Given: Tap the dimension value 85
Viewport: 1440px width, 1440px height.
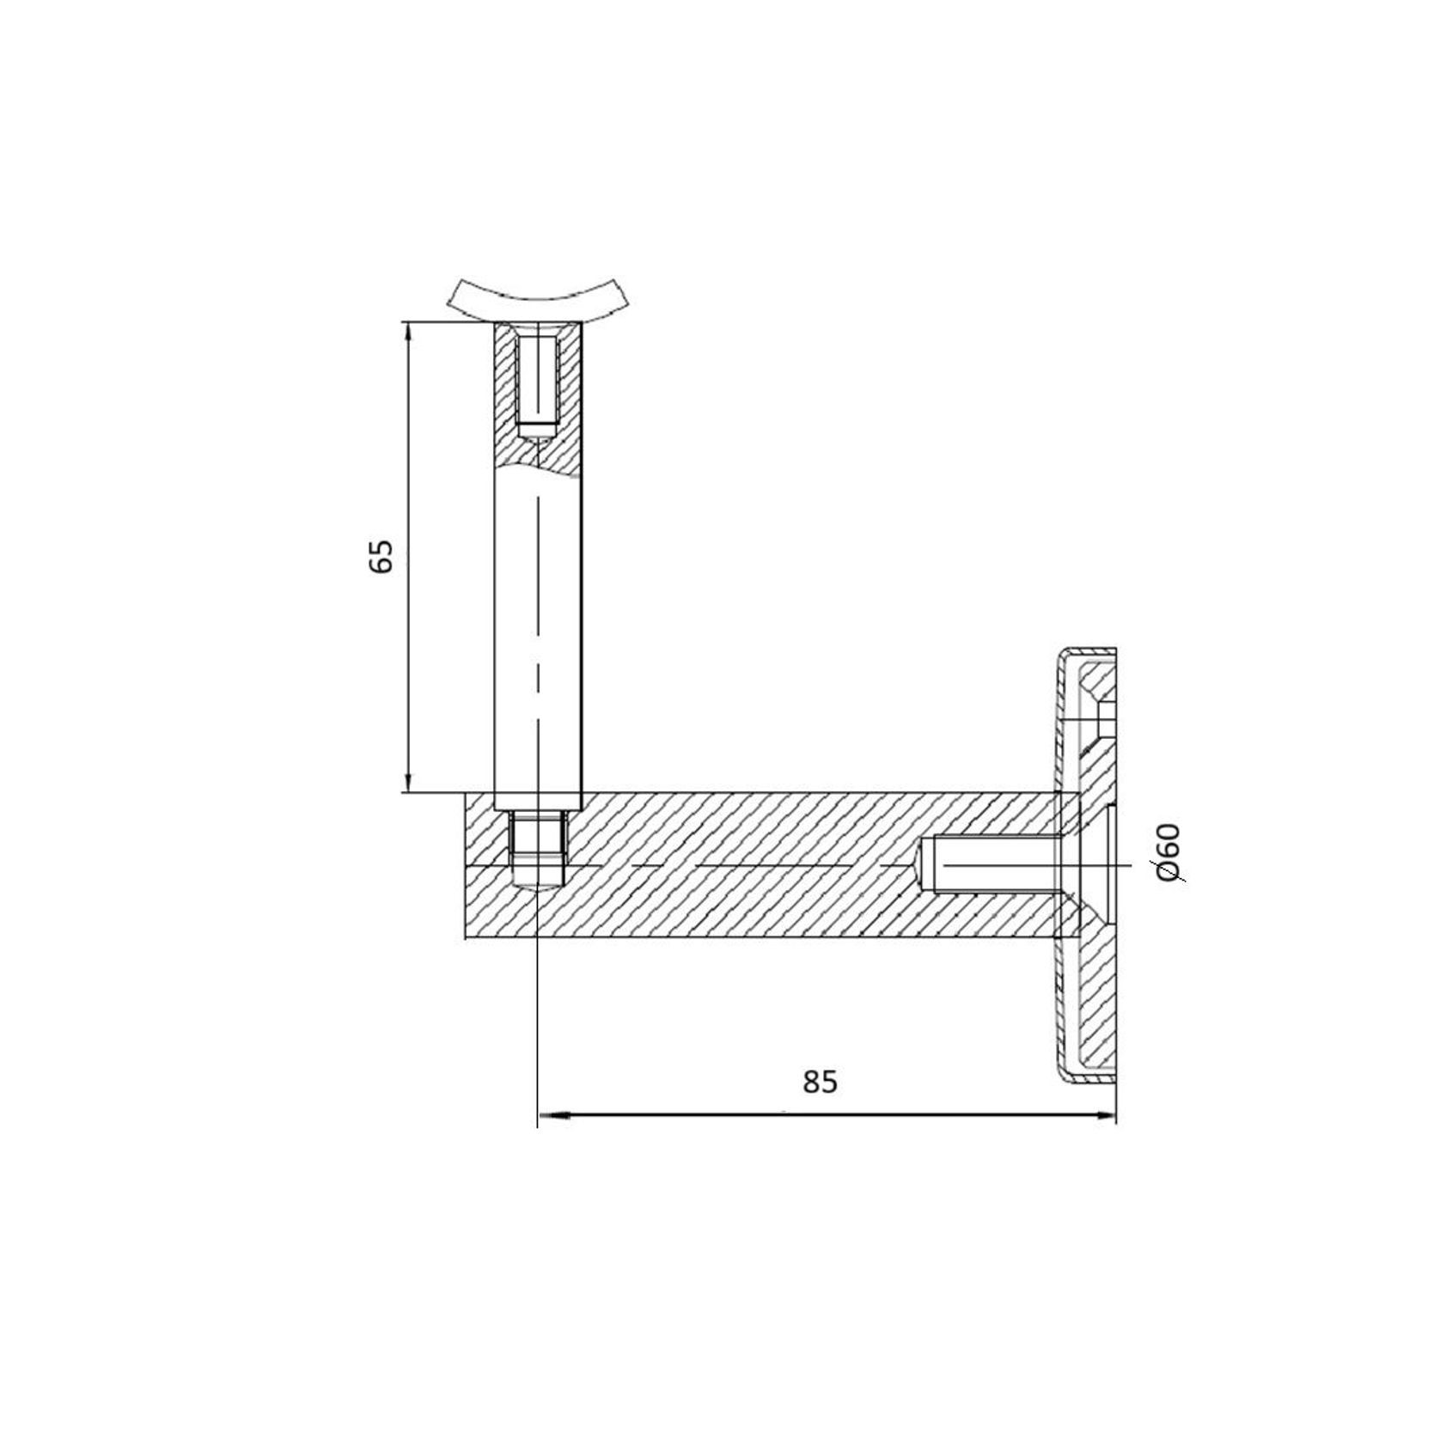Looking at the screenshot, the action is [820, 1082].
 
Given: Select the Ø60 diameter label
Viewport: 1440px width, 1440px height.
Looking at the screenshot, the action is [1169, 852].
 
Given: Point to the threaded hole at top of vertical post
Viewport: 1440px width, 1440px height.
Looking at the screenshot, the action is [538, 387].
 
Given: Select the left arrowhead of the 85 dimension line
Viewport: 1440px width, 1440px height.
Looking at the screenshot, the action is [551, 1116].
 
